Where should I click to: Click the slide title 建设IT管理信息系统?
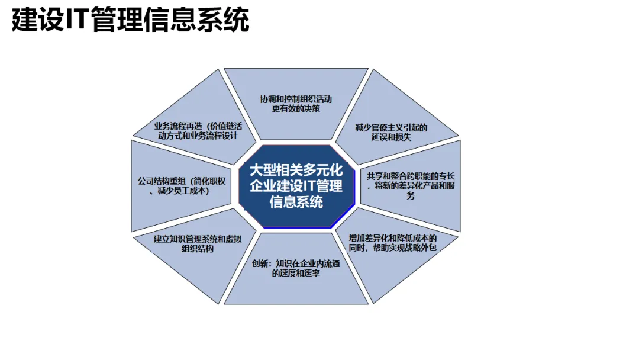(130, 20)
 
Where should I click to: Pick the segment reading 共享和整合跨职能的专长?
(411, 185)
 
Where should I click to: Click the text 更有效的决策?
(296, 109)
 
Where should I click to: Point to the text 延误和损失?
(392, 137)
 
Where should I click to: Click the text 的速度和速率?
(296, 274)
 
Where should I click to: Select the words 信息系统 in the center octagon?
(296, 202)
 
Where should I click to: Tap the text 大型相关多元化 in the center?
(296, 171)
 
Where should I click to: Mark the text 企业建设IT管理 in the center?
(296, 186)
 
